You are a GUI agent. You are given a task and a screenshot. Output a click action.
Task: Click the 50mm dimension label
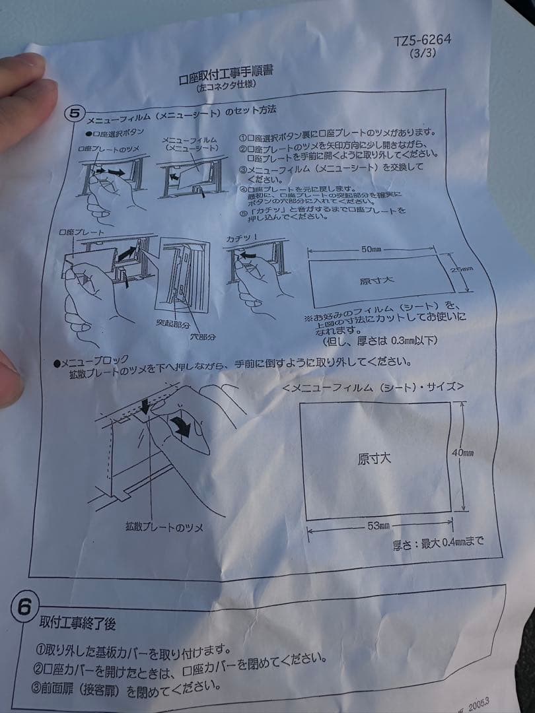click(372, 250)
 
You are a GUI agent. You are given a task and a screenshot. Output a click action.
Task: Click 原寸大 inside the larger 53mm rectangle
click(374, 459)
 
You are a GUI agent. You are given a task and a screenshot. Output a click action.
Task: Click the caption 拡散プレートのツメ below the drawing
click(164, 527)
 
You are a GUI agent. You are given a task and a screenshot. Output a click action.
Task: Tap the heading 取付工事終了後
click(77, 622)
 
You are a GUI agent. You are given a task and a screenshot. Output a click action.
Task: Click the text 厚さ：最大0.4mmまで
click(438, 543)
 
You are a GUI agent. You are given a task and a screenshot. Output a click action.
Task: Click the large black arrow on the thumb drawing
click(180, 428)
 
